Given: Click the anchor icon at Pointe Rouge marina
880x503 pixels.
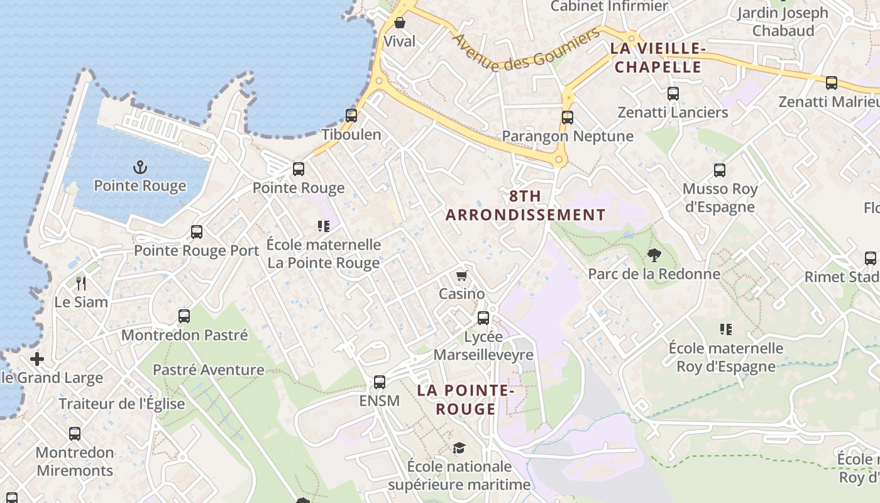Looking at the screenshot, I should click(x=140, y=167).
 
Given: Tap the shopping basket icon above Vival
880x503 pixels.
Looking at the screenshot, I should click(x=400, y=23).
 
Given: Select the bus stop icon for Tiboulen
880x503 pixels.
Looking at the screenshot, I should click(x=351, y=116).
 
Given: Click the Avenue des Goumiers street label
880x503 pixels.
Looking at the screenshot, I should click(x=526, y=50).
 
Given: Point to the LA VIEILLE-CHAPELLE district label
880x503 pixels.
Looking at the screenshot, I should click(x=658, y=58).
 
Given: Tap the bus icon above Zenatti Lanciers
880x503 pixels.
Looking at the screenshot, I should click(x=673, y=94).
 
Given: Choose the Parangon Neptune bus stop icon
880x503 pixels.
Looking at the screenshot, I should click(x=568, y=118).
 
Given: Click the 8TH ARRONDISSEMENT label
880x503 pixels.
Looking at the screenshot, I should click(x=525, y=206).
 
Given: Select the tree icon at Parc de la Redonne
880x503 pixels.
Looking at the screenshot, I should click(x=654, y=255).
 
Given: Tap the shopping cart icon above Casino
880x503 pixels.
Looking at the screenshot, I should click(x=462, y=275).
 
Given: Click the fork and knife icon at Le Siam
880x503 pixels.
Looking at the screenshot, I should click(x=80, y=284).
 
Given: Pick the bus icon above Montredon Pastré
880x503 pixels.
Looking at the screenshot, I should click(x=184, y=316).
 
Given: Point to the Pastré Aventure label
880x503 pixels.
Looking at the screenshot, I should click(x=209, y=370).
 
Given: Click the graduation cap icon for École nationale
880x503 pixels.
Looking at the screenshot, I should click(x=459, y=448).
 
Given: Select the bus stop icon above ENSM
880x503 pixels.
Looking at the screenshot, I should click(x=380, y=382).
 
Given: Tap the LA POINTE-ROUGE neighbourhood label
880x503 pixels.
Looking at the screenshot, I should click(x=466, y=400).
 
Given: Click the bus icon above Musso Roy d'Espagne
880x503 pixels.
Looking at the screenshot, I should click(x=720, y=170).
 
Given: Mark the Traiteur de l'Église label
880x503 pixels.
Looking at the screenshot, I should click(x=122, y=404).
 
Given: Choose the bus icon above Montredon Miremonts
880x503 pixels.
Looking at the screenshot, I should click(x=75, y=434).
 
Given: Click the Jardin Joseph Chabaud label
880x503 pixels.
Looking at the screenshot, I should click(x=783, y=21).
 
